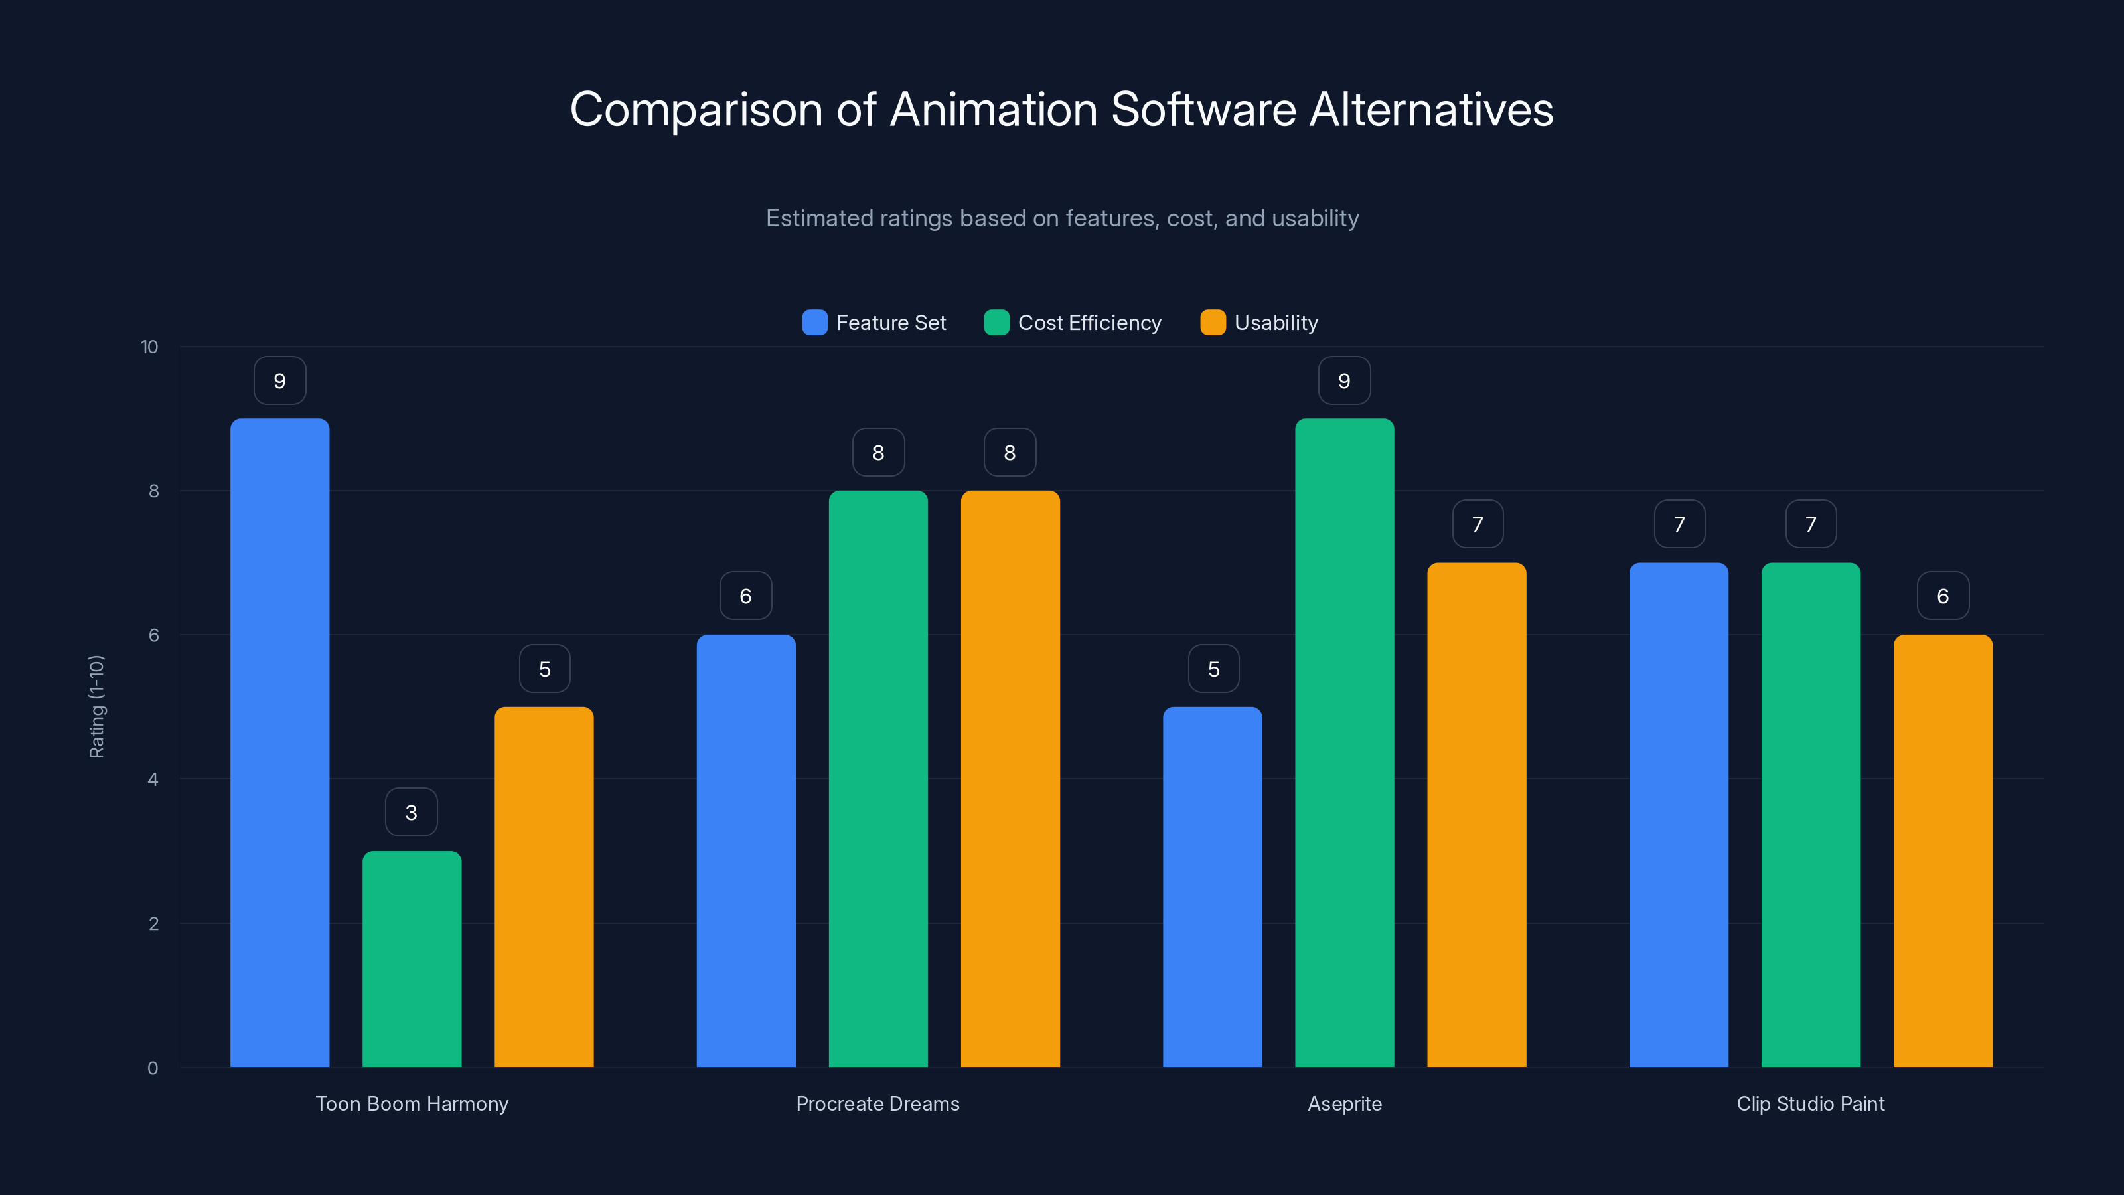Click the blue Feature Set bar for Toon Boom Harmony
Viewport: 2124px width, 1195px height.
(x=279, y=742)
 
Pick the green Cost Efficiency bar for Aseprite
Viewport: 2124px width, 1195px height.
(x=1344, y=742)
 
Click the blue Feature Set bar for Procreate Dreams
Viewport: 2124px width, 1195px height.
(x=745, y=850)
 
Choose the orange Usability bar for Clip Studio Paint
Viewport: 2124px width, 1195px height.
(x=1943, y=850)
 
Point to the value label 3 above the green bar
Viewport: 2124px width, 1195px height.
(x=412, y=813)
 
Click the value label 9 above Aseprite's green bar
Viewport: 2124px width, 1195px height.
(x=1344, y=381)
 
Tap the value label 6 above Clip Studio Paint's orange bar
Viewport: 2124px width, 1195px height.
(x=1943, y=596)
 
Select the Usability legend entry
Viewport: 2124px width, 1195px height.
(x=1260, y=323)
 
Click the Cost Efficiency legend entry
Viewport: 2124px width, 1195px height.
(x=1073, y=323)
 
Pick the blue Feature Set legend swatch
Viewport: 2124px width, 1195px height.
(x=814, y=323)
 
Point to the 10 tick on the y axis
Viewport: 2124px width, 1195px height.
(x=149, y=347)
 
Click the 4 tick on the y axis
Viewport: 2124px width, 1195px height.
(x=153, y=779)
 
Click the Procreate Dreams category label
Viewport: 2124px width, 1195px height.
(x=877, y=1103)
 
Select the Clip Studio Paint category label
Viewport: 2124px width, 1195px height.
(x=1810, y=1103)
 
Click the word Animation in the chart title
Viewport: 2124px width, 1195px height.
(x=993, y=110)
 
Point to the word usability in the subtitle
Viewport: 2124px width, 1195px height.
(x=1314, y=218)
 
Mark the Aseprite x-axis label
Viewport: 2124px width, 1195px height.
(x=1344, y=1103)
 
